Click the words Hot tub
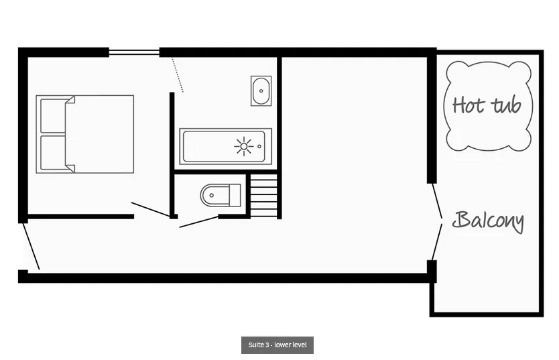coord(487,105)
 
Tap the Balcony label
coord(488,221)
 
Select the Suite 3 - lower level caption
coord(277,345)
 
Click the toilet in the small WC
coord(221,195)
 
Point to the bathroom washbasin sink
coord(261,91)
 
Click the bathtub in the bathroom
coord(225,147)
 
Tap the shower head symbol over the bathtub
coord(244,146)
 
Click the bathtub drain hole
coord(259,147)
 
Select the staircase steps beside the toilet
coord(264,195)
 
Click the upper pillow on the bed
coord(53,116)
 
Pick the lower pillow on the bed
coord(53,153)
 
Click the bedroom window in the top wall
coord(134,52)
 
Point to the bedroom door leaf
coord(150,209)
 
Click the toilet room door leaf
coord(199,222)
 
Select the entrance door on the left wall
coord(31,246)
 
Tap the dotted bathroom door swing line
coord(177,75)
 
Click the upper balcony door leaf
coord(437,200)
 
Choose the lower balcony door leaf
coord(437,243)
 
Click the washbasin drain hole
coord(261,91)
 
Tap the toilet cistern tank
coord(235,195)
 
